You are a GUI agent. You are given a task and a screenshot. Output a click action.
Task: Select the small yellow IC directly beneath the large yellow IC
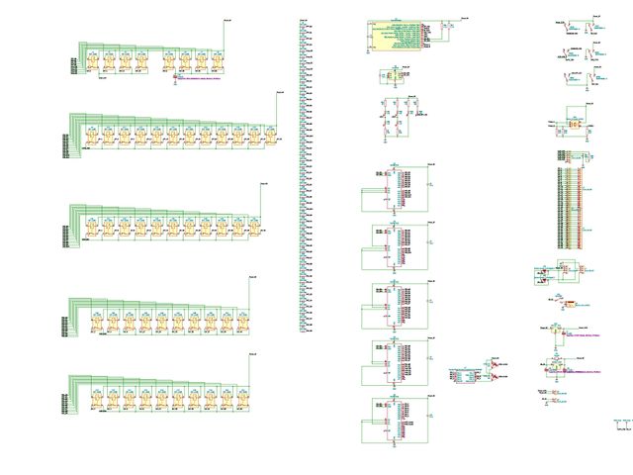pos(392,75)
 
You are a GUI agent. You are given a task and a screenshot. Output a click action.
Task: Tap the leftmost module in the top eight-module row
pos(91,61)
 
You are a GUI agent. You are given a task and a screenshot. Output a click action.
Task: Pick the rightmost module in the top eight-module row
pos(217,61)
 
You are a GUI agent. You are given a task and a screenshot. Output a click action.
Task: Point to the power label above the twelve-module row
pos(280,93)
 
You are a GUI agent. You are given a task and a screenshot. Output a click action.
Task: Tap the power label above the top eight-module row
pos(228,19)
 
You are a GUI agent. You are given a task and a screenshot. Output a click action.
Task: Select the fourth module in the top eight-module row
pos(140,61)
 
